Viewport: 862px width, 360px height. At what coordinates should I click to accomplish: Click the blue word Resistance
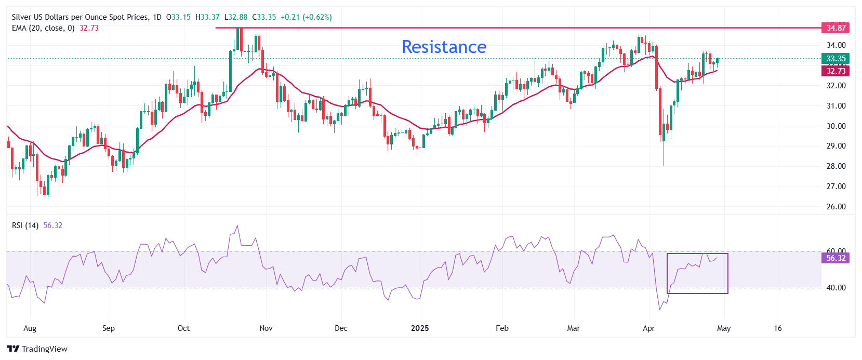tap(444, 47)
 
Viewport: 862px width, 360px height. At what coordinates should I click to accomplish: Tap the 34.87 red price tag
tap(836, 28)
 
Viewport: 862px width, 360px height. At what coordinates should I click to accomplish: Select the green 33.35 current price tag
tap(836, 59)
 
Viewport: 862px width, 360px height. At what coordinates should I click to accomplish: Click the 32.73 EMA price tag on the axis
tap(836, 71)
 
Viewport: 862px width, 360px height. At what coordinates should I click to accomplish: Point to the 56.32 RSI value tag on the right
tap(836, 258)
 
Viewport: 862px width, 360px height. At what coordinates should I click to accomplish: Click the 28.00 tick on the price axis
tap(836, 166)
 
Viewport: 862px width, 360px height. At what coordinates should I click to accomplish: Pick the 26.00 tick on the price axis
tap(836, 207)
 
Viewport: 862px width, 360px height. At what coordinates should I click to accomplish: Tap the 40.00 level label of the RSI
tap(836, 288)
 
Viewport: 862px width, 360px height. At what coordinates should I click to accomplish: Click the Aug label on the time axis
tap(30, 328)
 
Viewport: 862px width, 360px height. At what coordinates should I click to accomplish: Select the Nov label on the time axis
tap(266, 328)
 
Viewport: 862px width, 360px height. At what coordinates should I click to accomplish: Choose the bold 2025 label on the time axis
tap(420, 328)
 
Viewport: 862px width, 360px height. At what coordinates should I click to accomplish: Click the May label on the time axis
tap(724, 328)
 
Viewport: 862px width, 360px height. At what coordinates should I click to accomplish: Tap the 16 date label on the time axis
tap(777, 328)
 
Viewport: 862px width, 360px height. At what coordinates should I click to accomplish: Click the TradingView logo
tap(37, 349)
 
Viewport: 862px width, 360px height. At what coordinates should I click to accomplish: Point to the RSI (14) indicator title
tap(25, 225)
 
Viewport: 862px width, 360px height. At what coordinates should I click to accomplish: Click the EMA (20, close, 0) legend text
tap(43, 28)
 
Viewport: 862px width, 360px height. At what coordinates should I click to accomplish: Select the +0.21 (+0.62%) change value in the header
tap(306, 17)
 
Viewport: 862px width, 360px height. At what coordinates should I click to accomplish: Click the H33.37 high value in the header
tap(207, 17)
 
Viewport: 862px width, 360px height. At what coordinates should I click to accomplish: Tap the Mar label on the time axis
tap(574, 328)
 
